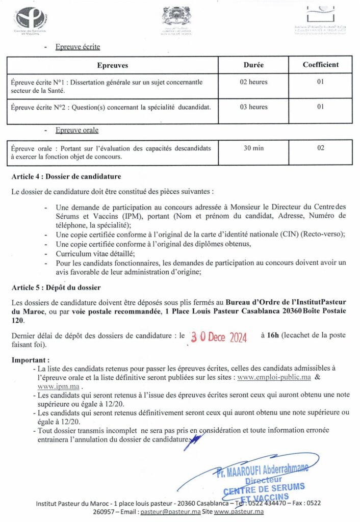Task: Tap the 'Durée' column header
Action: (253, 65)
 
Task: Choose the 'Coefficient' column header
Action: (320, 65)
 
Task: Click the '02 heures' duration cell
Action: (253, 82)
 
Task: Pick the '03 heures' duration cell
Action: (253, 107)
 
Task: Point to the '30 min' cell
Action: (253, 148)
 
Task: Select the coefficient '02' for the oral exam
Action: (320, 148)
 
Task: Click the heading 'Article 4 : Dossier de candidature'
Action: (66, 177)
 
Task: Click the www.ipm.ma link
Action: (54, 387)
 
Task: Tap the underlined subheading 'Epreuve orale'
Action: (77, 130)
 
